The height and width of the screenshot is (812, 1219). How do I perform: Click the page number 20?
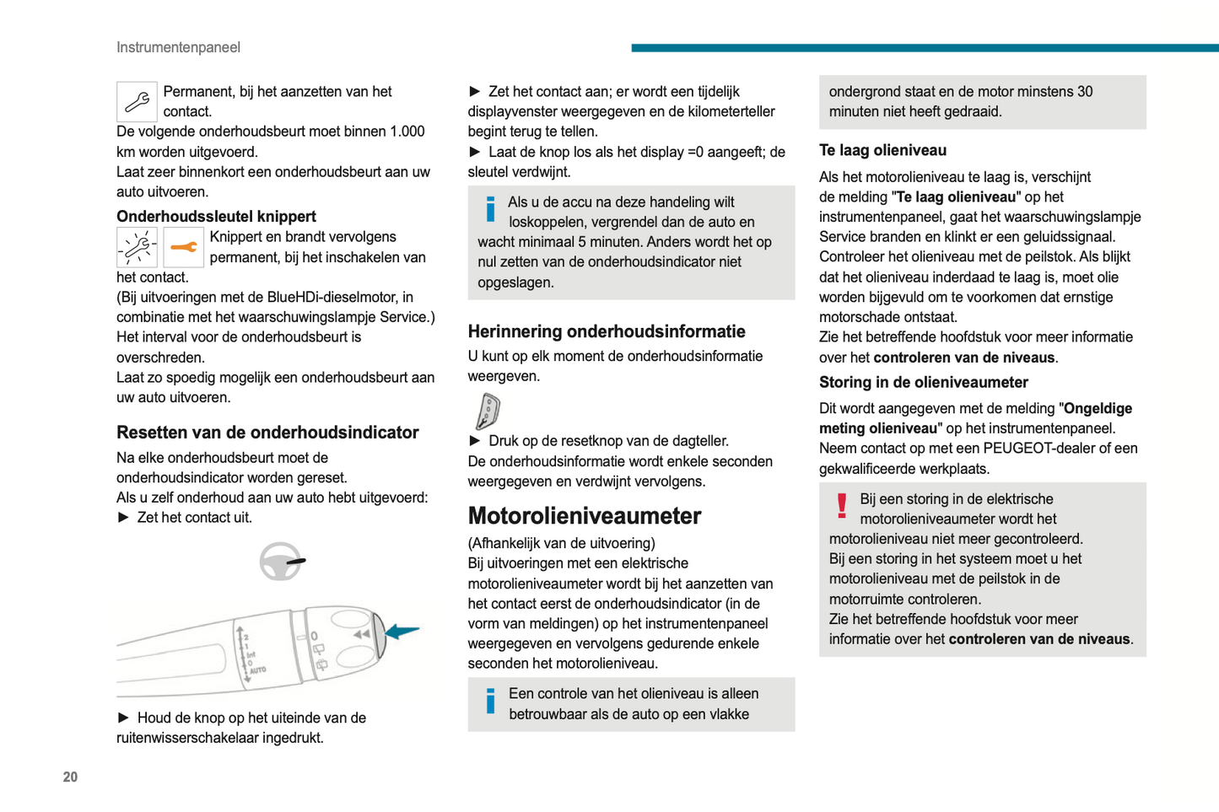pyautogui.click(x=70, y=777)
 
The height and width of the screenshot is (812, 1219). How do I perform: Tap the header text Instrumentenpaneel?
pyautogui.click(x=178, y=47)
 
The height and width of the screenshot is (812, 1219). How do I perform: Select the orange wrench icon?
pyautogui.click(x=183, y=247)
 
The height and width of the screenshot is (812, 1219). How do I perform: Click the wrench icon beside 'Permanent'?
pyautogui.click(x=137, y=102)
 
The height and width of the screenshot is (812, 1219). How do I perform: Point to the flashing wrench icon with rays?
pyautogui.click(x=137, y=247)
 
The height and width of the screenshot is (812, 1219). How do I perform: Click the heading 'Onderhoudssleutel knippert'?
pyautogui.click(x=216, y=216)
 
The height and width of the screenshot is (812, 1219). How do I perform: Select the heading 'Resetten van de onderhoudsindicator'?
pyautogui.click(x=267, y=433)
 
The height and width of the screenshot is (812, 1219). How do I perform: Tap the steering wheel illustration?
pyautogui.click(x=281, y=562)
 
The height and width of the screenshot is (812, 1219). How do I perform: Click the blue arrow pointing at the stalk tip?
pyautogui.click(x=402, y=631)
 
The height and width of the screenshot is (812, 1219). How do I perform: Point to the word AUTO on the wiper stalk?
pyautogui.click(x=257, y=669)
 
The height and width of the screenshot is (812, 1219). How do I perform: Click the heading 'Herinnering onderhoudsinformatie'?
pyautogui.click(x=607, y=331)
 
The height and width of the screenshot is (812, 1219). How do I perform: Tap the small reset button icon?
pyautogui.click(x=488, y=411)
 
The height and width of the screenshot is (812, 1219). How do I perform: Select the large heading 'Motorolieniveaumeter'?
pyautogui.click(x=584, y=515)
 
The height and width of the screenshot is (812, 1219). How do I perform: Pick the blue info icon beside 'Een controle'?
pyautogui.click(x=490, y=701)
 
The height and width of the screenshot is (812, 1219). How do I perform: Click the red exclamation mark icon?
pyautogui.click(x=841, y=505)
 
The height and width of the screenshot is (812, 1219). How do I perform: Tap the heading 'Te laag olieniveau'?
pyautogui.click(x=882, y=150)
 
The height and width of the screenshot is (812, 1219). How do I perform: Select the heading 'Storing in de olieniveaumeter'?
pyautogui.click(x=923, y=382)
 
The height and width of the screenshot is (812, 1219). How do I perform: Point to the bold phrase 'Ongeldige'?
pyautogui.click(x=1098, y=408)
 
